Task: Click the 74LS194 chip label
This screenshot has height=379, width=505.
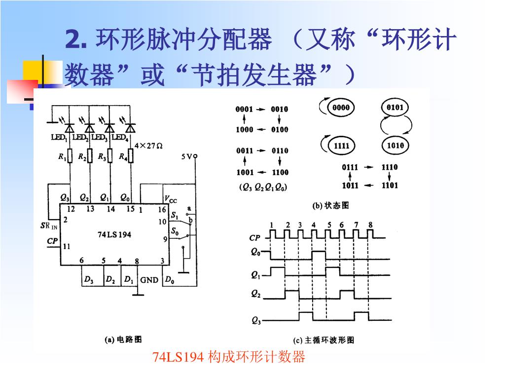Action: (114, 234)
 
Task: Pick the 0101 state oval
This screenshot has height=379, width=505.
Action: (395, 108)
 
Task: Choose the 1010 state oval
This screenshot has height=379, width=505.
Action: (395, 145)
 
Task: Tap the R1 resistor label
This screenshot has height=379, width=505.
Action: (62, 157)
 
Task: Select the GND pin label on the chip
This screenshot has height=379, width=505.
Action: (149, 280)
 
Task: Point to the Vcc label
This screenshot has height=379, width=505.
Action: (170, 199)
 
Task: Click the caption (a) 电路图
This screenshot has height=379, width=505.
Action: (124, 340)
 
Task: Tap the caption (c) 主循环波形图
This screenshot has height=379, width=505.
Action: (324, 340)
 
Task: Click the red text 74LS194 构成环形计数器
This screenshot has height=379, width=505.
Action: (229, 356)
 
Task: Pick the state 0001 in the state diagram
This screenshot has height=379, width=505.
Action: (244, 109)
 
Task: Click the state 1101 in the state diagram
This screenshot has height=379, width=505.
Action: (389, 186)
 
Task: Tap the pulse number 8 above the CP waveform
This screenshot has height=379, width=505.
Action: (370, 225)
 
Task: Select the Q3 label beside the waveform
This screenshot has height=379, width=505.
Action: (256, 321)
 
